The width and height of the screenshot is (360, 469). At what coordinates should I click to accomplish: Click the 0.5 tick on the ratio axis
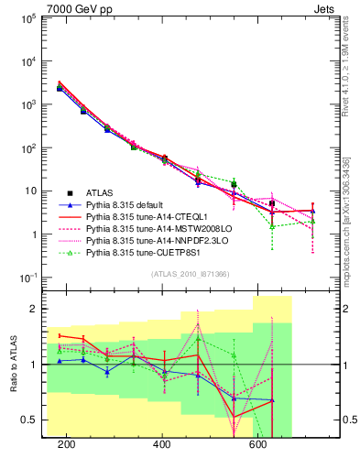pyautogui.click(x=32, y=420)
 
